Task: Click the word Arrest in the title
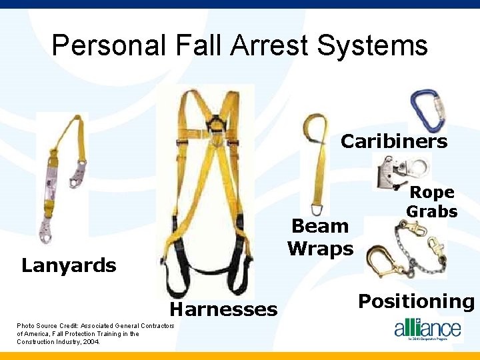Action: coord(267,46)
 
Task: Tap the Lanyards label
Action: coord(69,265)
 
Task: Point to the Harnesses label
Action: coord(223,309)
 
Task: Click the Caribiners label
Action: coord(394,141)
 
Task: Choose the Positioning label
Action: coord(416,301)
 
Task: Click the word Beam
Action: coord(321,226)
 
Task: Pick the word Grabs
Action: coord(432,212)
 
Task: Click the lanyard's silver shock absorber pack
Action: coord(51,183)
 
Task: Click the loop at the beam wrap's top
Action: coord(314,124)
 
